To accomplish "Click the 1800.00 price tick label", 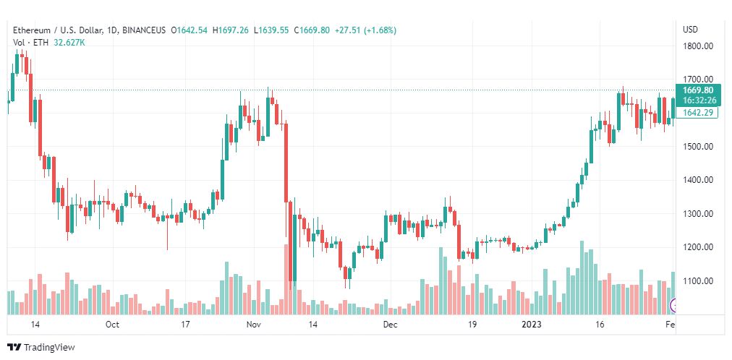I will (698, 46).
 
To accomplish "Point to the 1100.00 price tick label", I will (698, 281).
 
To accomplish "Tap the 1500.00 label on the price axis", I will (698, 147).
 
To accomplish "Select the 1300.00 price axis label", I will (698, 214).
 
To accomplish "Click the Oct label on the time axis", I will (112, 325).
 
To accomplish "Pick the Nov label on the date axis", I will (252, 325).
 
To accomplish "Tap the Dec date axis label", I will (391, 325).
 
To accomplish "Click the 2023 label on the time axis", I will (532, 325).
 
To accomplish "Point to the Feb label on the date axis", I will (670, 325).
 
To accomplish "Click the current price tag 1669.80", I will (698, 90).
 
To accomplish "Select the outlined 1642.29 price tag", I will (698, 113).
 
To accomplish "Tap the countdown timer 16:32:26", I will (698, 100).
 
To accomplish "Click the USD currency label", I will (690, 30).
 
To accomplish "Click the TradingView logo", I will (41, 348).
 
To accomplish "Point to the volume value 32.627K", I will (69, 43).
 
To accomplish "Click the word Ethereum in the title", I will (33, 30).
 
